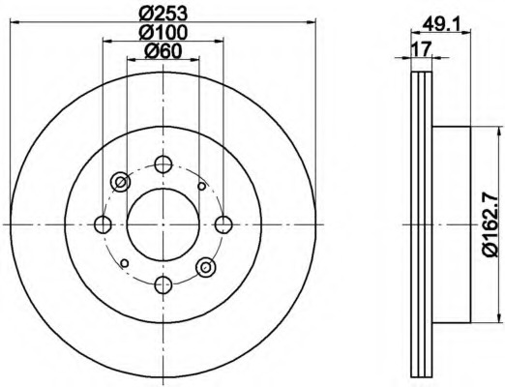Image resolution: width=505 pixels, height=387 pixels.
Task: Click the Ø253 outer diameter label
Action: (x=163, y=13)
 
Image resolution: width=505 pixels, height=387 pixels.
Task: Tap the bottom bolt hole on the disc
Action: (x=163, y=284)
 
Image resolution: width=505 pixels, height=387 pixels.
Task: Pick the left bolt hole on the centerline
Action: (x=104, y=224)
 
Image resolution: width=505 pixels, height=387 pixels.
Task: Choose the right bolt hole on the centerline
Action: (x=223, y=224)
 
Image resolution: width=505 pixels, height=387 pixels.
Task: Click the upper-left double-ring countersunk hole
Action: (x=121, y=181)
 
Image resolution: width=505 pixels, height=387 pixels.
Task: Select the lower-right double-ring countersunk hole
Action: (x=205, y=267)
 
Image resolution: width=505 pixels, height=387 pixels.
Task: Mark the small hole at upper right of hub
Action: (x=201, y=186)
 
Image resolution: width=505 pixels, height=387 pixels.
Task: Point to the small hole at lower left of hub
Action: (x=125, y=261)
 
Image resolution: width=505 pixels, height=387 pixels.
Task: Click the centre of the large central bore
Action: (x=163, y=224)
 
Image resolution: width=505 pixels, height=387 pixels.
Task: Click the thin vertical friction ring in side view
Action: (x=422, y=224)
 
